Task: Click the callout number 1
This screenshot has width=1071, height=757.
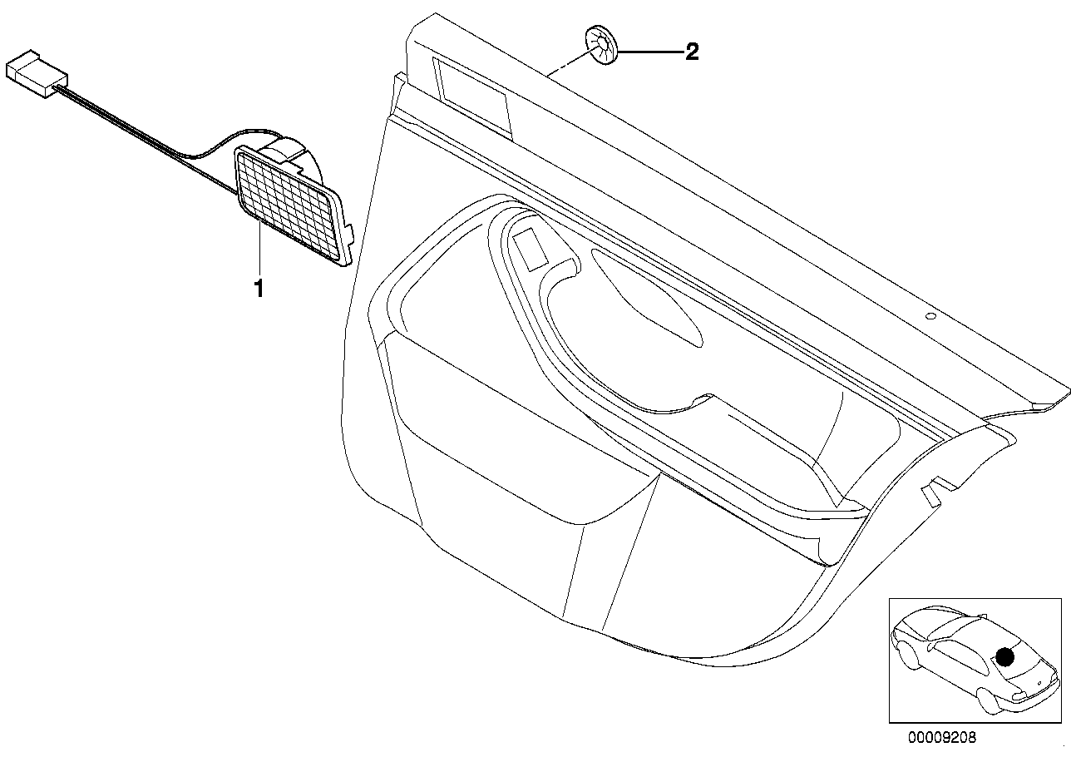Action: tap(259, 289)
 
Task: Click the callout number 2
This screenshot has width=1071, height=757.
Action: tap(692, 52)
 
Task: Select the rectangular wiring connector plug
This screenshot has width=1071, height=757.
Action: tap(37, 74)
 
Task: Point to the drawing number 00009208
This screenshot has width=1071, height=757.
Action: tap(942, 737)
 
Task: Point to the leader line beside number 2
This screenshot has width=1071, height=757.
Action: tap(651, 52)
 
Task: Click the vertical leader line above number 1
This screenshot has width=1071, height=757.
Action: tap(259, 250)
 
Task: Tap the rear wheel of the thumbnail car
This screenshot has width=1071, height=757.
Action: tap(906, 655)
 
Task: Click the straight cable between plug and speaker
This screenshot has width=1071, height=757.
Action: tap(148, 140)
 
